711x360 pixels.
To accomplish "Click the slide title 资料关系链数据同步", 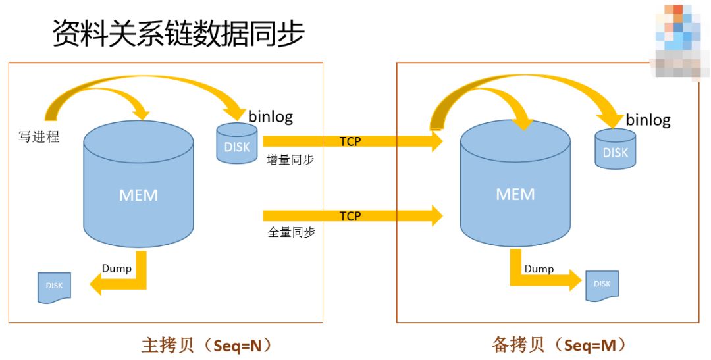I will point(178,33).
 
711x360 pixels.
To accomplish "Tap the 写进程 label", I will point(39,137).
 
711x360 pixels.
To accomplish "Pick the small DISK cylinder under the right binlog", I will point(616,149).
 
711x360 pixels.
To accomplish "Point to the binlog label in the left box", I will point(271,116).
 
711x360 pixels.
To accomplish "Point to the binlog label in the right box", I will point(648,120).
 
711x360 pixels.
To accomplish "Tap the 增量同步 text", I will point(290,159).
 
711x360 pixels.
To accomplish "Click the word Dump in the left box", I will point(117,269).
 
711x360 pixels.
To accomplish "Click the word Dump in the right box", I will point(539,269).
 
